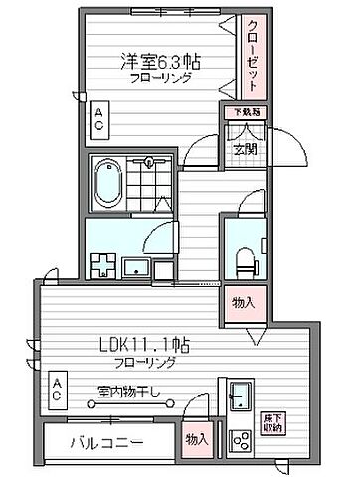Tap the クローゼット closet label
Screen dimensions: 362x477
click(x=254, y=57)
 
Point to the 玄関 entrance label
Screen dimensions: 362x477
click(x=245, y=150)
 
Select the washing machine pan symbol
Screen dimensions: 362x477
click(x=102, y=265)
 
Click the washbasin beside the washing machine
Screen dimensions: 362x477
click(x=135, y=266)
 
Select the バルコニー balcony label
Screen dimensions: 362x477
click(x=107, y=442)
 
